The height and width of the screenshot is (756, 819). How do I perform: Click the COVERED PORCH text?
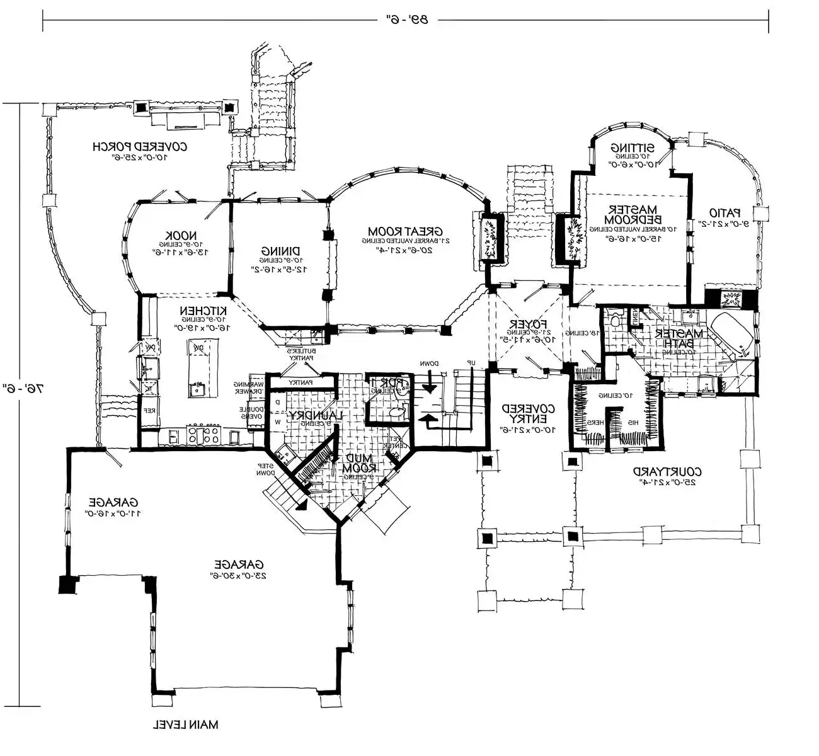(x=140, y=147)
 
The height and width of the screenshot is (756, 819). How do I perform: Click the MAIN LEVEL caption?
(x=186, y=724)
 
